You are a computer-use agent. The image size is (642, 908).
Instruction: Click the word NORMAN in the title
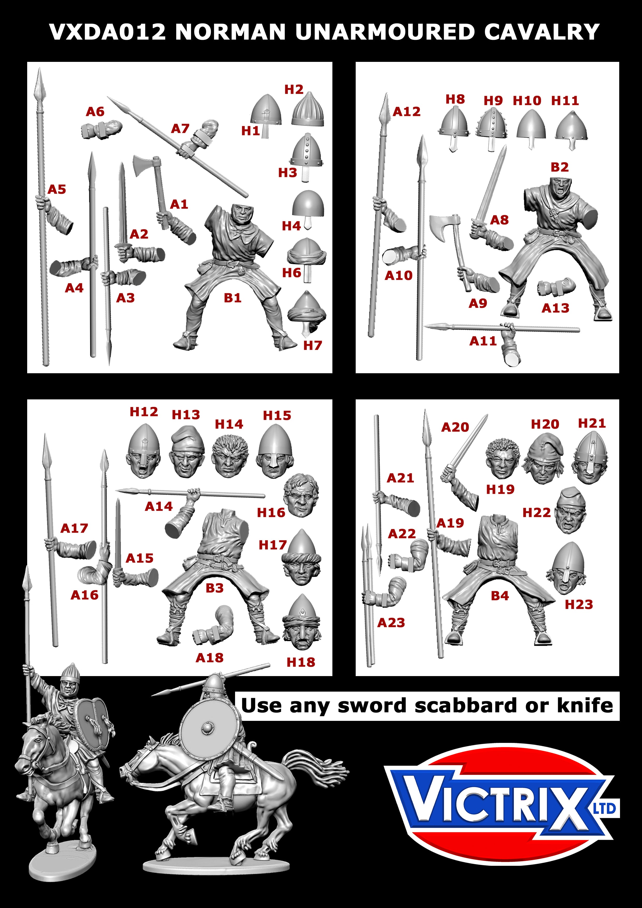[230, 32]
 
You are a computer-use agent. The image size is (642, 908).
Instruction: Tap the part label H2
[294, 90]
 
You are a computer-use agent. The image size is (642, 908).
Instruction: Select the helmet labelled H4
[308, 205]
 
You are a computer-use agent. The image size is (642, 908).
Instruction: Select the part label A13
[555, 308]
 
